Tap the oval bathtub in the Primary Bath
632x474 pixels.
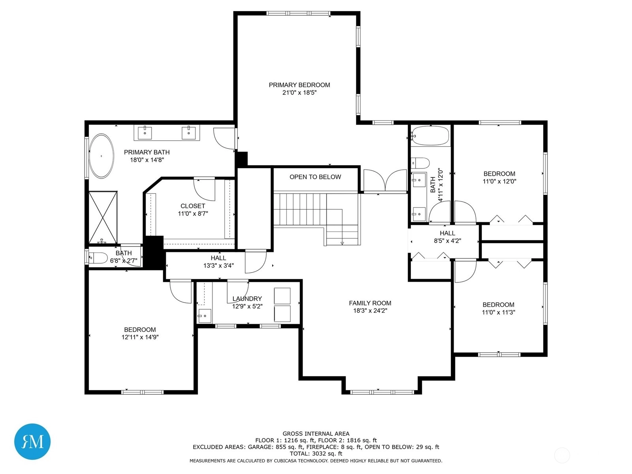[x=101, y=156]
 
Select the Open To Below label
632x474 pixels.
[x=315, y=177]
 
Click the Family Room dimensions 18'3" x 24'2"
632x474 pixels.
[x=370, y=310]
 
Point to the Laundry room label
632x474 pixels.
[x=247, y=299]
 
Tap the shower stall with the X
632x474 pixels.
[x=103, y=217]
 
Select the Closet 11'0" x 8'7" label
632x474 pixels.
[x=193, y=210]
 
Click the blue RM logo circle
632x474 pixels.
[x=32, y=441]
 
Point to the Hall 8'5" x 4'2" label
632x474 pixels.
[x=448, y=237]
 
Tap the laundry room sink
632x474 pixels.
[x=205, y=316]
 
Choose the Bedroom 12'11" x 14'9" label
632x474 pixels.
[x=140, y=333]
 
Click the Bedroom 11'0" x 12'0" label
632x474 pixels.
[x=499, y=177]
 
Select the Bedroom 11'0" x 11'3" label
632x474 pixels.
[x=498, y=308]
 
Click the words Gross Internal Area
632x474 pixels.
[x=316, y=433]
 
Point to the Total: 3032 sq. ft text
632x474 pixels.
[x=316, y=453]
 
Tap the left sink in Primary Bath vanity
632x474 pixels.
[x=145, y=133]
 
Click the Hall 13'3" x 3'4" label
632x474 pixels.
[x=218, y=261]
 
